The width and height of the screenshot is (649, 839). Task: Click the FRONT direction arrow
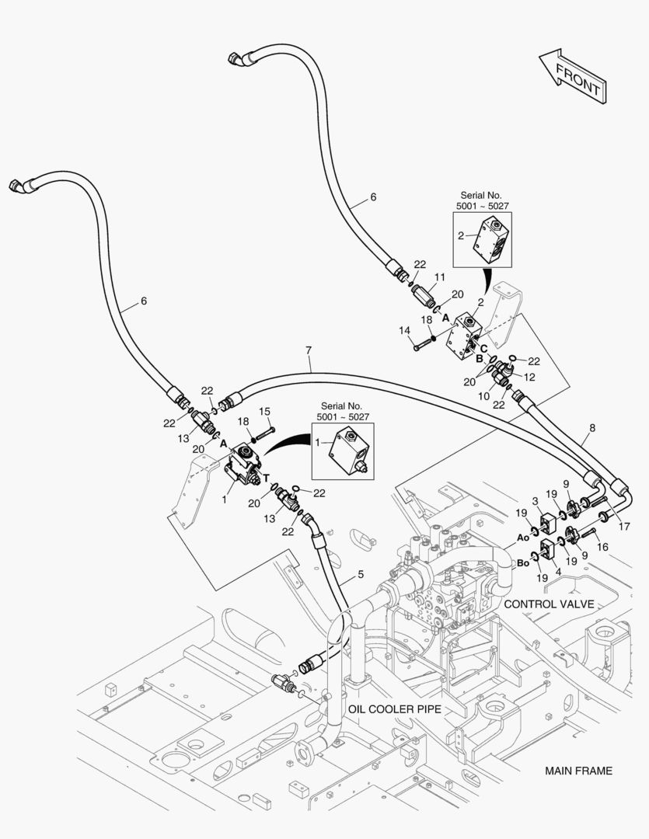click(x=572, y=76)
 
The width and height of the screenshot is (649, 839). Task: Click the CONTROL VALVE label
click(x=550, y=604)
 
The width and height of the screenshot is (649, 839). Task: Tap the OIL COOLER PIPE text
click(x=395, y=709)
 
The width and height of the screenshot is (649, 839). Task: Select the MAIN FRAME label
click(x=578, y=771)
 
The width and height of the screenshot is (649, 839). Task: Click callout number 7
click(x=309, y=350)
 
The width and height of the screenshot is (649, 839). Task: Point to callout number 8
click(x=591, y=428)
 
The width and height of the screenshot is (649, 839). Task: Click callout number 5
click(x=361, y=574)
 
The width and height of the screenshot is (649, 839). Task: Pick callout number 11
click(x=440, y=277)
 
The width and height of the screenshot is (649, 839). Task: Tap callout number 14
click(x=405, y=331)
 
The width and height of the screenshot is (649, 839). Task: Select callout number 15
click(x=264, y=412)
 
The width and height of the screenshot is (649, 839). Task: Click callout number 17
click(x=624, y=527)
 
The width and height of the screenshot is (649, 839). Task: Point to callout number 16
click(x=602, y=546)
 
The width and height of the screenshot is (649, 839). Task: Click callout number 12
click(x=529, y=378)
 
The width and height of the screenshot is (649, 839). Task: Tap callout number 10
click(x=484, y=396)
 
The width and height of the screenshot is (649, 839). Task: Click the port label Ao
click(x=523, y=538)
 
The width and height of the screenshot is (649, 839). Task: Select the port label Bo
click(x=523, y=563)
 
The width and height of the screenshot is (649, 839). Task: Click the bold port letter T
click(x=266, y=479)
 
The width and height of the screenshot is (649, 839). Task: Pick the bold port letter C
click(x=483, y=349)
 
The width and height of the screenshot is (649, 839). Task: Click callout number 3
click(x=535, y=501)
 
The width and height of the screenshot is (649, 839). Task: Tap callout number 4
click(x=559, y=572)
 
